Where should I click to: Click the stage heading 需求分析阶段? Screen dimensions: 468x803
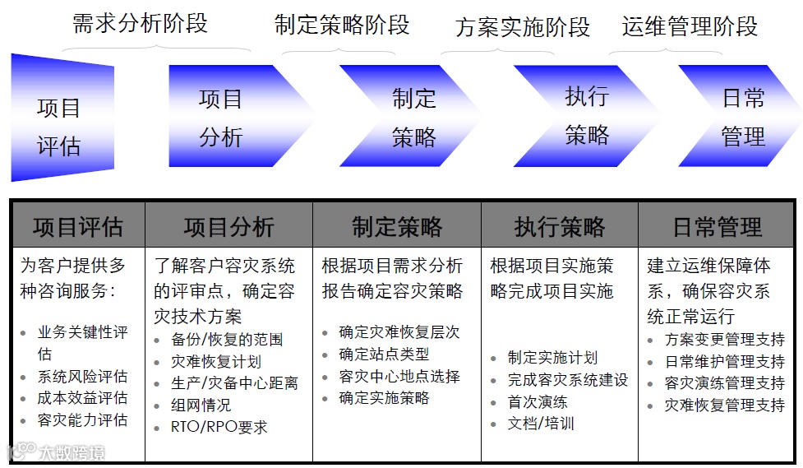[141, 24]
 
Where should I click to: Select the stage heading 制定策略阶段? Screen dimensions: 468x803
[342, 25]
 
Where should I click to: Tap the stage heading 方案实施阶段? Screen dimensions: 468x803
[523, 27]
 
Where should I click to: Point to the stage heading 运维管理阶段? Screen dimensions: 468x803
[690, 26]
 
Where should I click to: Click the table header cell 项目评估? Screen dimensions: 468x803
[78, 226]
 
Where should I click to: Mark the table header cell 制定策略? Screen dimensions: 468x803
[397, 226]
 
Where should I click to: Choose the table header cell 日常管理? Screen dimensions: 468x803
[717, 226]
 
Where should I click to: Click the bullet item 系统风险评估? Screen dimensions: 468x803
[82, 376]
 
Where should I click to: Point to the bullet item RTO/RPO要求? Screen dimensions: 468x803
[219, 427]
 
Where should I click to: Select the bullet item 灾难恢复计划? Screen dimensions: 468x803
[216, 361]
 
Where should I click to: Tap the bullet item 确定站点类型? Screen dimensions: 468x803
[384, 354]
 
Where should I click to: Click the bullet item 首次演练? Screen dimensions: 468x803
[538, 402]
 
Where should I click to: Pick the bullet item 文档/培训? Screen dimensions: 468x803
[541, 424]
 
